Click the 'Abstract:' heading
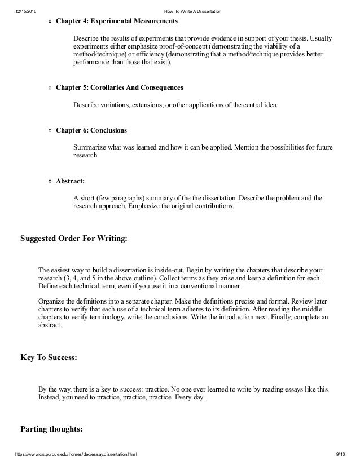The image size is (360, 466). click(x=70, y=182)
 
